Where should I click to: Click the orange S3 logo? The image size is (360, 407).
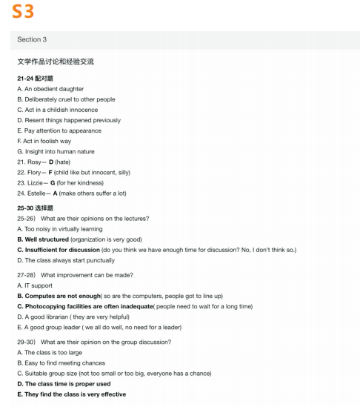coord(23,13)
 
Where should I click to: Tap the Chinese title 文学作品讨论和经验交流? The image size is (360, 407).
coord(55,62)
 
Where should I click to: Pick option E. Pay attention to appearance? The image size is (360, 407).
coord(59,130)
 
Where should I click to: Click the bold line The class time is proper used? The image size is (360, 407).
coord(67,383)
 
